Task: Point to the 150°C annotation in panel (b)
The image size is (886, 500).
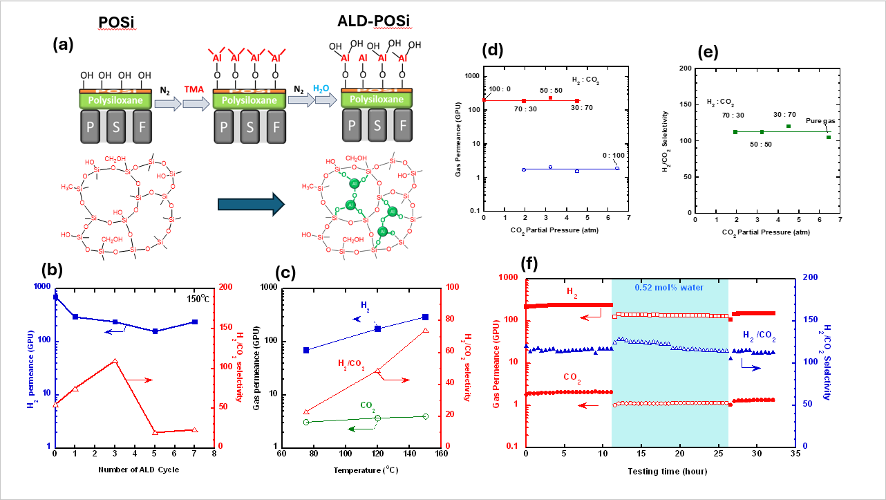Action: (x=198, y=298)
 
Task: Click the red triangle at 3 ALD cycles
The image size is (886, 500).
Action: (x=115, y=361)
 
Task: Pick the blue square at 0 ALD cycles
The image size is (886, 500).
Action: (x=55, y=297)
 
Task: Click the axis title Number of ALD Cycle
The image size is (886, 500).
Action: (x=135, y=470)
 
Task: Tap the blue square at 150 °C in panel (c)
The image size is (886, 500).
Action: (x=425, y=317)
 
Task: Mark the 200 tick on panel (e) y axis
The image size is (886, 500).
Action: (x=685, y=68)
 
